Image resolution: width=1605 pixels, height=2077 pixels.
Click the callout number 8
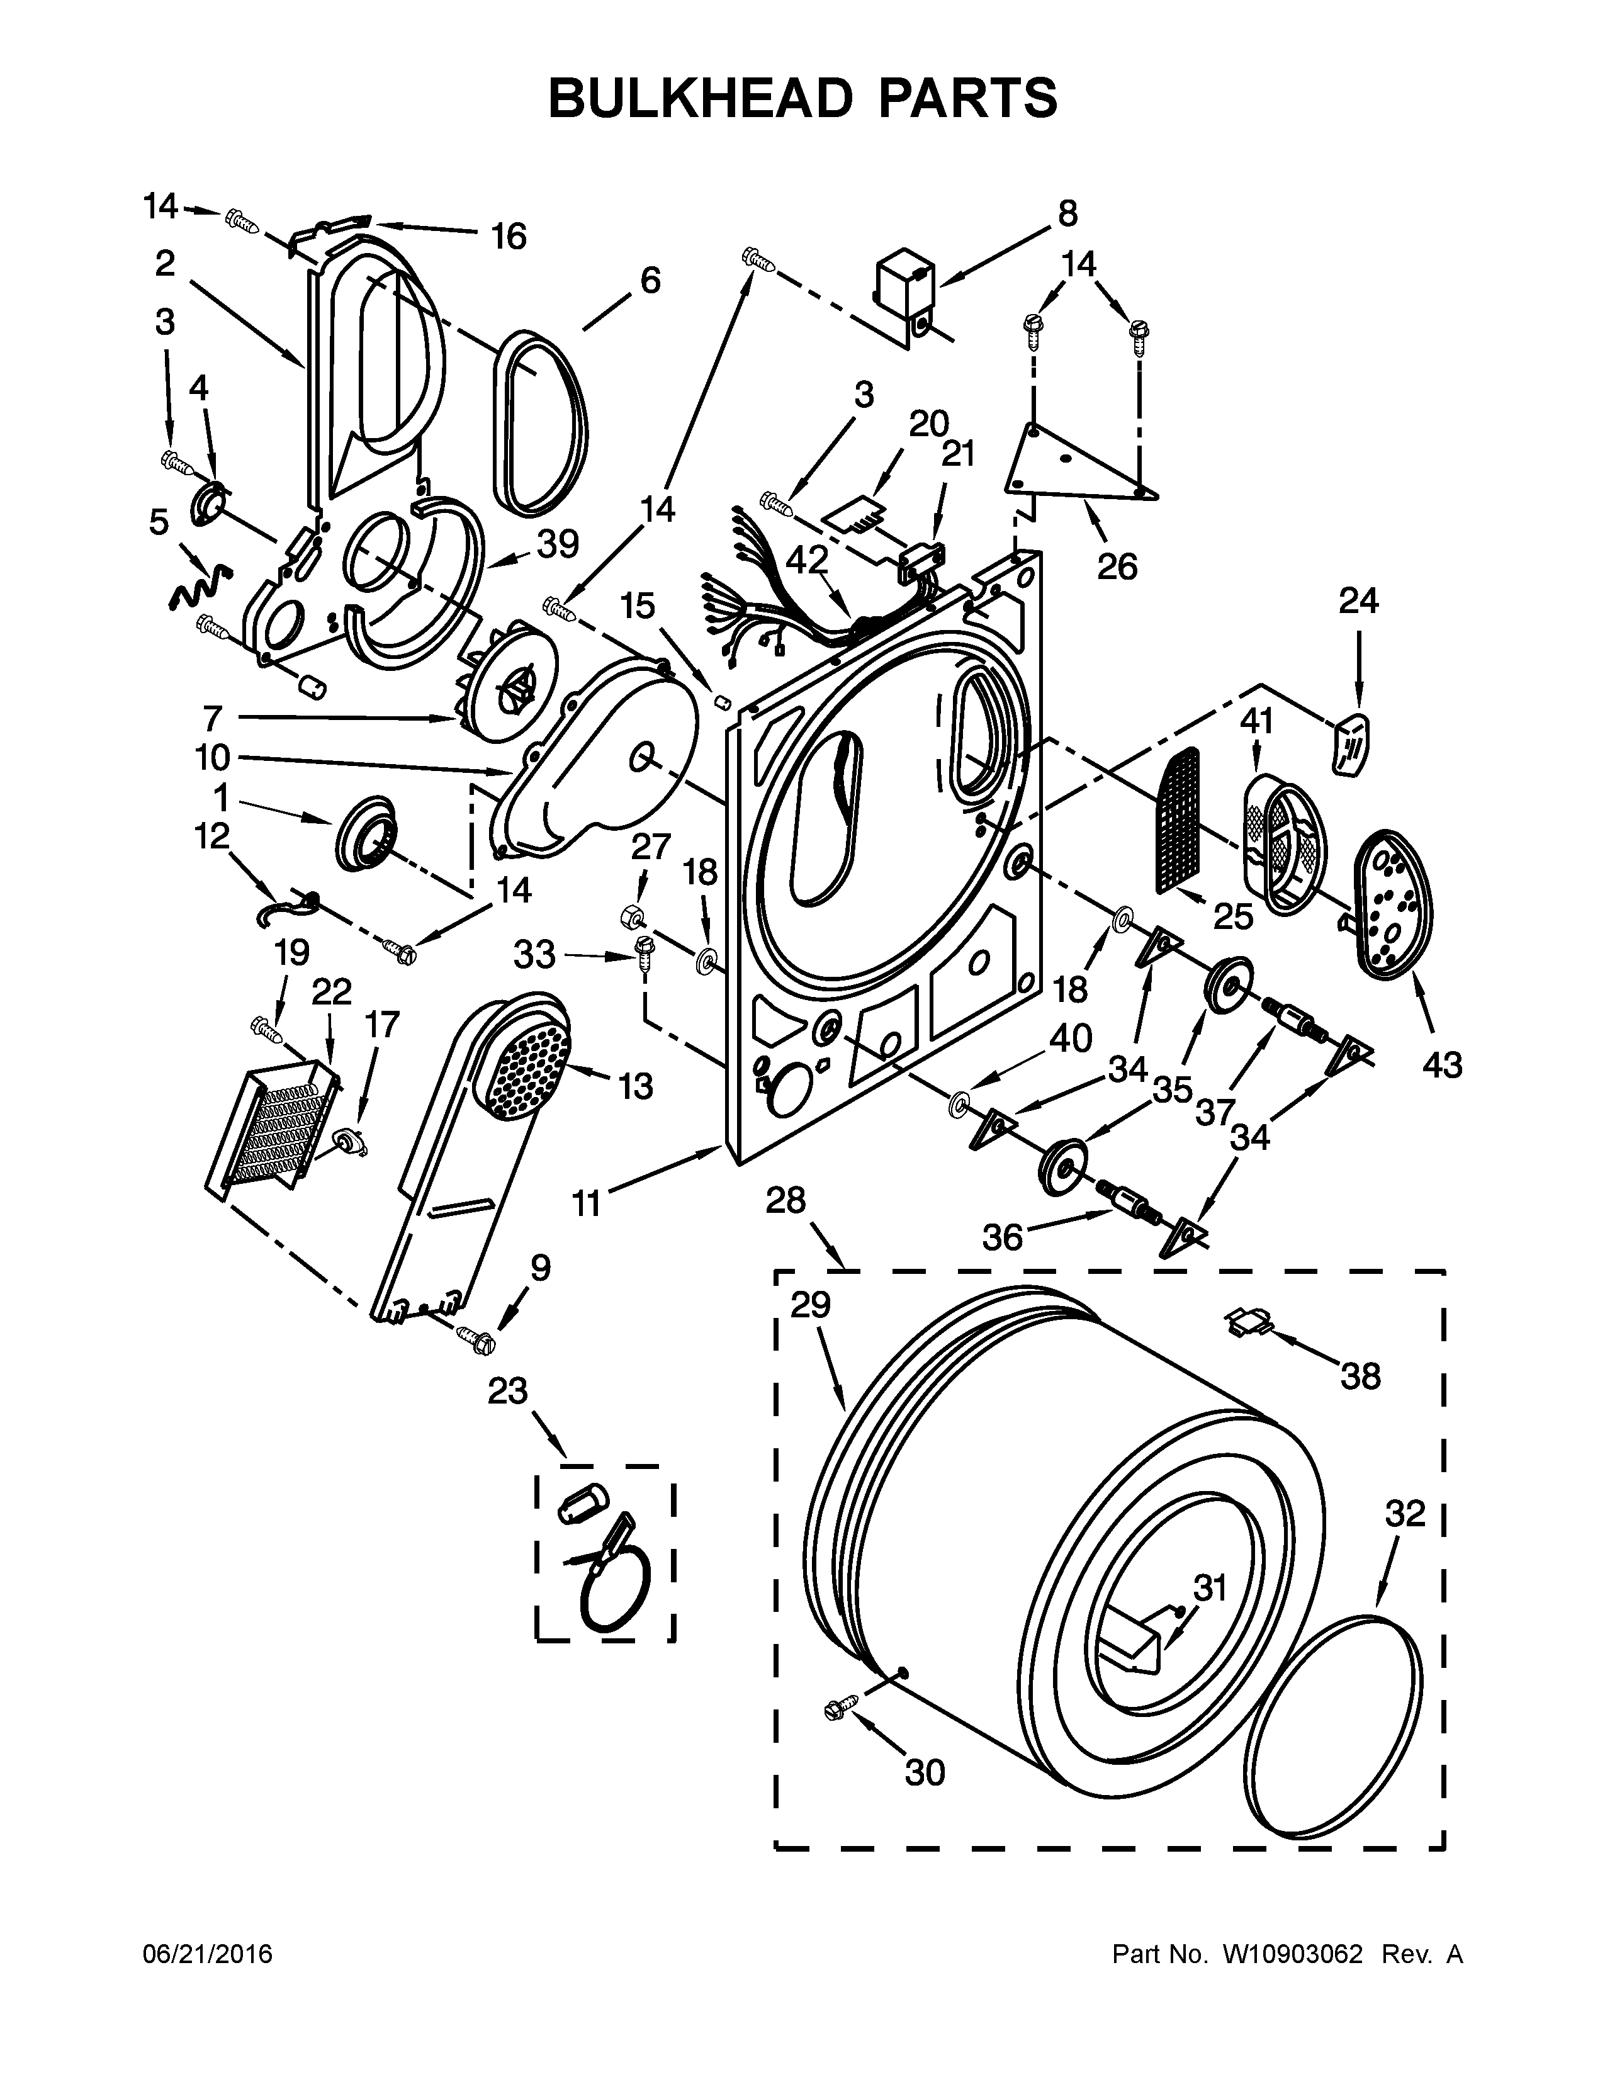pos(1067,214)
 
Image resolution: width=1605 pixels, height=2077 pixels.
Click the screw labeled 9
pos(477,1339)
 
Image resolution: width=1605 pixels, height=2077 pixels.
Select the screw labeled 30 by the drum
pos(840,1707)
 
